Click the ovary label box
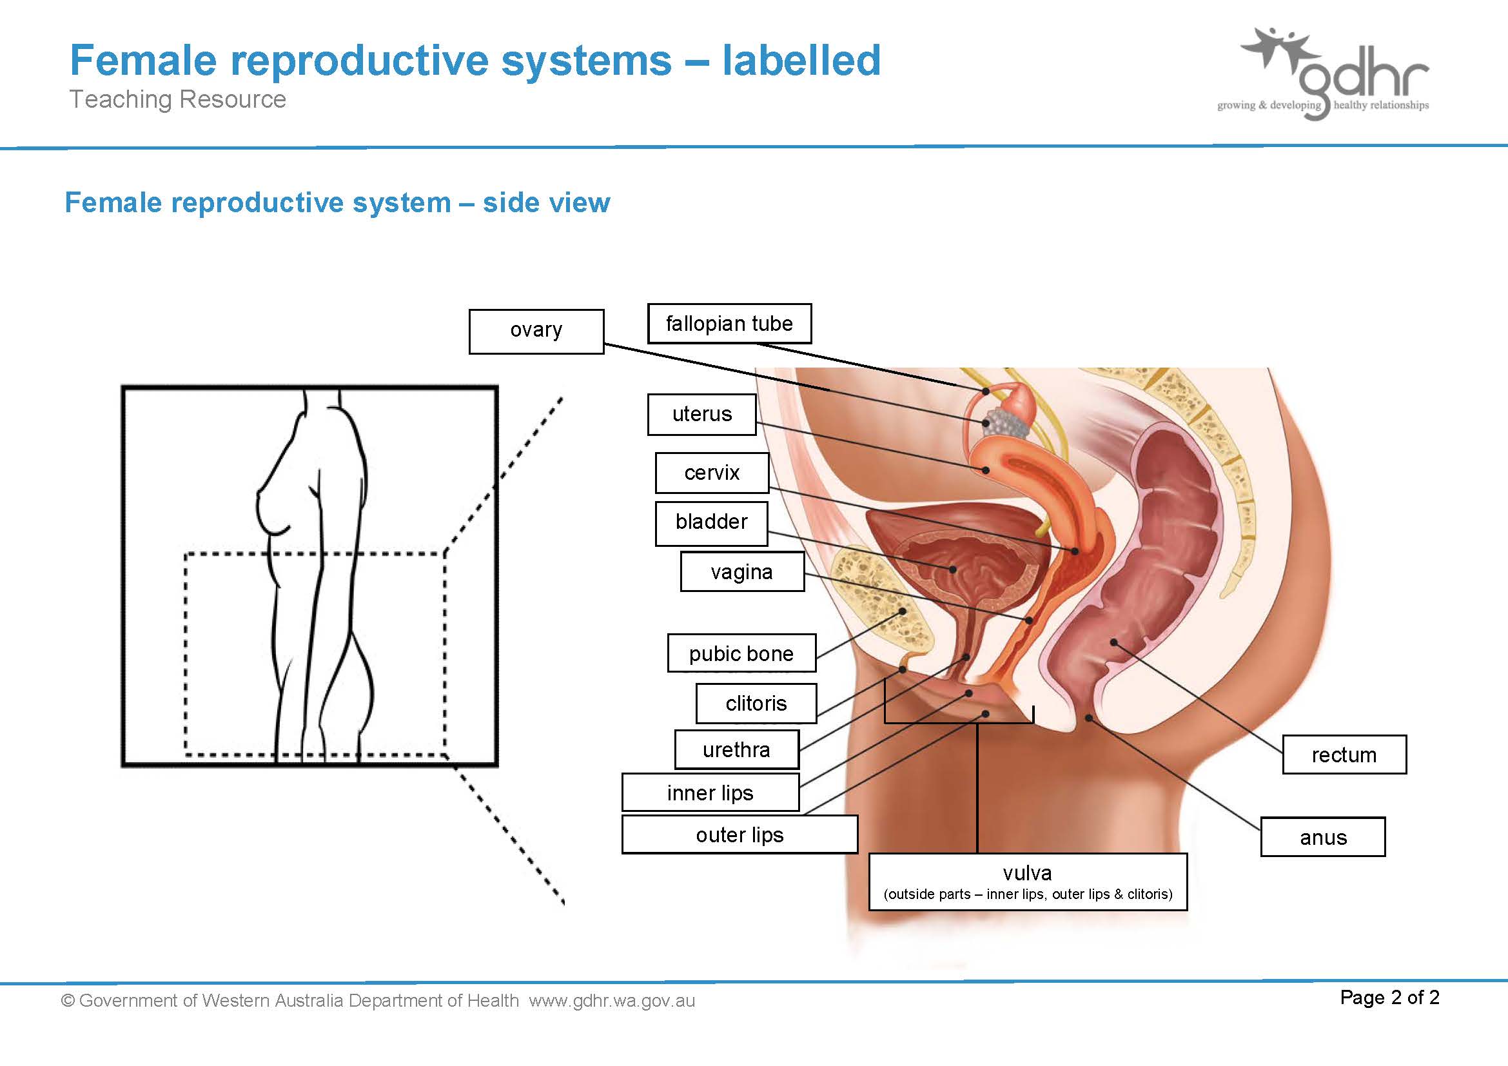[x=536, y=331]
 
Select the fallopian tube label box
[x=729, y=323]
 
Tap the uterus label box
[x=701, y=415]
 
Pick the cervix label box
[x=712, y=473]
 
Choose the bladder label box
[x=711, y=524]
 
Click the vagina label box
[x=742, y=571]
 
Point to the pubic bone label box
[x=741, y=653]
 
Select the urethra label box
[x=737, y=749]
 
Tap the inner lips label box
[x=710, y=792]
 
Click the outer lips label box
[x=739, y=834]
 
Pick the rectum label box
[x=1344, y=755]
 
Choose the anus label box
[x=1323, y=837]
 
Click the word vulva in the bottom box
[x=1027, y=873]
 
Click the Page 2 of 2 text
[x=1390, y=997]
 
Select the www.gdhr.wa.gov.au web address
[x=611, y=1000]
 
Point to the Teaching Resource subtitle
[x=178, y=99]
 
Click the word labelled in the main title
[x=801, y=60]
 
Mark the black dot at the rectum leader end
[x=1114, y=642]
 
